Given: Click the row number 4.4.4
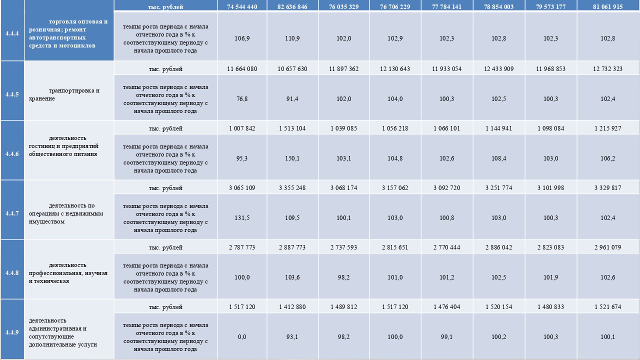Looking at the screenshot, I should point(12,34).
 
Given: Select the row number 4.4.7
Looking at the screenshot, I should point(12,213).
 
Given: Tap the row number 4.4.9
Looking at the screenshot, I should point(12,332).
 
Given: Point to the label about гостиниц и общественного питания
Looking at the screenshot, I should point(69,146).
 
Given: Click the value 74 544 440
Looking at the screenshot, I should point(242,7).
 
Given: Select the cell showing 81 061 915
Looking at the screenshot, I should point(607,7).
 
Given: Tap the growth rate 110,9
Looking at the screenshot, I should point(292,38).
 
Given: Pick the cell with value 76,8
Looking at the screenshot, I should point(242,99).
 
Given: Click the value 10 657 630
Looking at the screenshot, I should point(292,68).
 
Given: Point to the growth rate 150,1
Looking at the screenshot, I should point(292,158).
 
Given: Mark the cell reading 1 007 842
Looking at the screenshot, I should point(242,128).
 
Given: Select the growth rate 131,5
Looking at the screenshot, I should point(242,218).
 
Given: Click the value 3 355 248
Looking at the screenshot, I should point(292,188).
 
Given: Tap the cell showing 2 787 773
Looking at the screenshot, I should point(242,247).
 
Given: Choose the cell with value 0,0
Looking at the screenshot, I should point(242,337).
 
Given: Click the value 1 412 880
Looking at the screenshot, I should point(292,307).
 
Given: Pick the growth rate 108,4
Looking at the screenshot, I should point(499,158).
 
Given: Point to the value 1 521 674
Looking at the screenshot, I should point(607,307).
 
